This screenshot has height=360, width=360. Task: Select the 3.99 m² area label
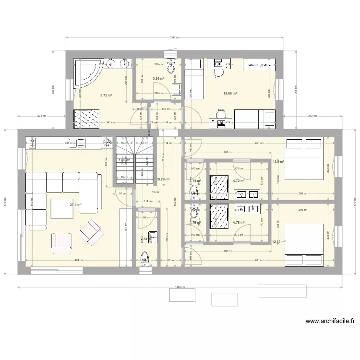[158, 78]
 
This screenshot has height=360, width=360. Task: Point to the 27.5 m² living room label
[75, 205]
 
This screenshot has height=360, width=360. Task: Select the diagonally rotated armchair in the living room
[91, 230]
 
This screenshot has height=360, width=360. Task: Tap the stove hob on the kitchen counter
[33, 143]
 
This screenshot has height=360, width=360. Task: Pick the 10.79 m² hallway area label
[163, 180]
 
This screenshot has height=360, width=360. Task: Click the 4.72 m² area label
[239, 181]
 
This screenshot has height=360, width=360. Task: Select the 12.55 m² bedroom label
[278, 242]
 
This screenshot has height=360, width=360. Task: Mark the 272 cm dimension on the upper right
[313, 116]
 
